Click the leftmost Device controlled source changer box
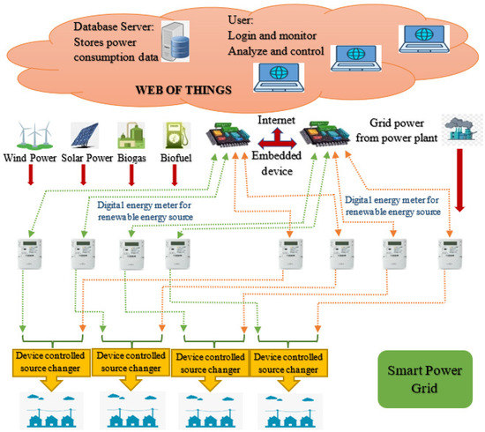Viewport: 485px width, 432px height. (51, 360)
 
